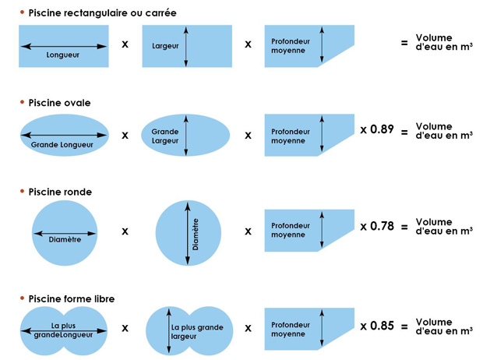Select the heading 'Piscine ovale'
click(x=58, y=102)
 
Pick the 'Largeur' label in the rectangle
click(x=165, y=45)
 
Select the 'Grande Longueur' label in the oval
click(x=64, y=145)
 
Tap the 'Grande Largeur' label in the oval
click(x=164, y=136)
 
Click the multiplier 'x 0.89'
click(x=377, y=129)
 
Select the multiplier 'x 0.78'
click(x=377, y=227)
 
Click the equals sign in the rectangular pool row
click(x=404, y=44)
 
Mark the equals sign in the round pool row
click(x=404, y=228)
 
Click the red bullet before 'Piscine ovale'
click(x=23, y=102)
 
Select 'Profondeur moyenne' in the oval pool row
click(x=291, y=136)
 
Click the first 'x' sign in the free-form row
click(x=125, y=328)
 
